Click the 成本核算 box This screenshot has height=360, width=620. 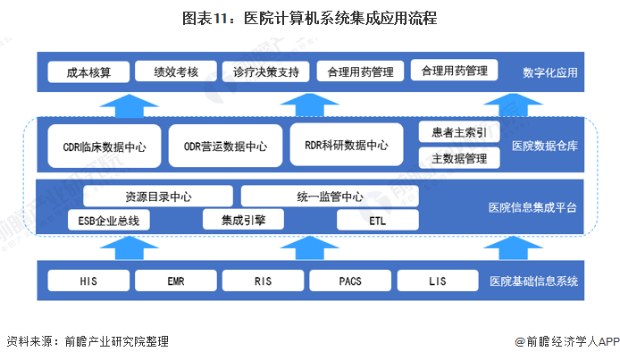(x=86, y=71)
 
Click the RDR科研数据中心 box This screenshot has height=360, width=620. (x=346, y=145)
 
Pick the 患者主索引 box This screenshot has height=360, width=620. (x=459, y=133)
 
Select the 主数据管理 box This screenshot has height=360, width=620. (x=459, y=158)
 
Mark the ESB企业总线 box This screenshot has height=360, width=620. (x=109, y=219)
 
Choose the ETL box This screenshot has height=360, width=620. (x=377, y=219)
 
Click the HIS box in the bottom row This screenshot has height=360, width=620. (x=87, y=281)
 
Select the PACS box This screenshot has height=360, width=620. (x=349, y=281)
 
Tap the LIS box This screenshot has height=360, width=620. (x=435, y=281)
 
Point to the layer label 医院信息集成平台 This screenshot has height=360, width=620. (x=532, y=207)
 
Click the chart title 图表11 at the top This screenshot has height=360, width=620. (x=309, y=17)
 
